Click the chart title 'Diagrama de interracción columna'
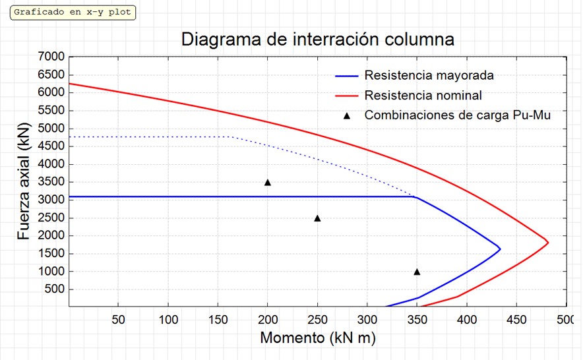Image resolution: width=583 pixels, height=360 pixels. tap(317, 39)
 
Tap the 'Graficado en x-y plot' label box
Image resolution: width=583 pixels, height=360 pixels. tap(73, 13)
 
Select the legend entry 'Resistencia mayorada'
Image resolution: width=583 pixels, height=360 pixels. tap(429, 75)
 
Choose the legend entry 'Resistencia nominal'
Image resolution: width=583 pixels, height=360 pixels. tap(423, 95)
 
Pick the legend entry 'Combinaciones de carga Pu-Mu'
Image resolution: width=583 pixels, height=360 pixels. tap(457, 115)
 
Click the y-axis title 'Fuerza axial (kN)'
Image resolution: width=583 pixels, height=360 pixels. tap(25, 181)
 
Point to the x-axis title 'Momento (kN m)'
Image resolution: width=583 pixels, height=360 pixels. tap(318, 338)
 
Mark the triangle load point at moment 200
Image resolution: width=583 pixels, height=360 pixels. tap(268, 182)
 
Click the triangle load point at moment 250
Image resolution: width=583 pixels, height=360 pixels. tap(317, 218)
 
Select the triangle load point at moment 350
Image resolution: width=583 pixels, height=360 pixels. tap(417, 272)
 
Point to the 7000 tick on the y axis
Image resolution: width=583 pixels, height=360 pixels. tap(52, 57)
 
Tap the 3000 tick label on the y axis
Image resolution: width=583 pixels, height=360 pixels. tap(52, 200)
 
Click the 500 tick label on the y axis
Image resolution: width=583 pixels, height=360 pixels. tap(55, 289)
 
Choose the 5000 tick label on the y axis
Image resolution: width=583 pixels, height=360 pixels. tap(52, 129)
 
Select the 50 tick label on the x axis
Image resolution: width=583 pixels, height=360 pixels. tap(118, 320)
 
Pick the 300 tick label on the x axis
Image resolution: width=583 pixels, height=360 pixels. tap(367, 320)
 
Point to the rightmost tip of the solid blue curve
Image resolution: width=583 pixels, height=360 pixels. tap(501, 249)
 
